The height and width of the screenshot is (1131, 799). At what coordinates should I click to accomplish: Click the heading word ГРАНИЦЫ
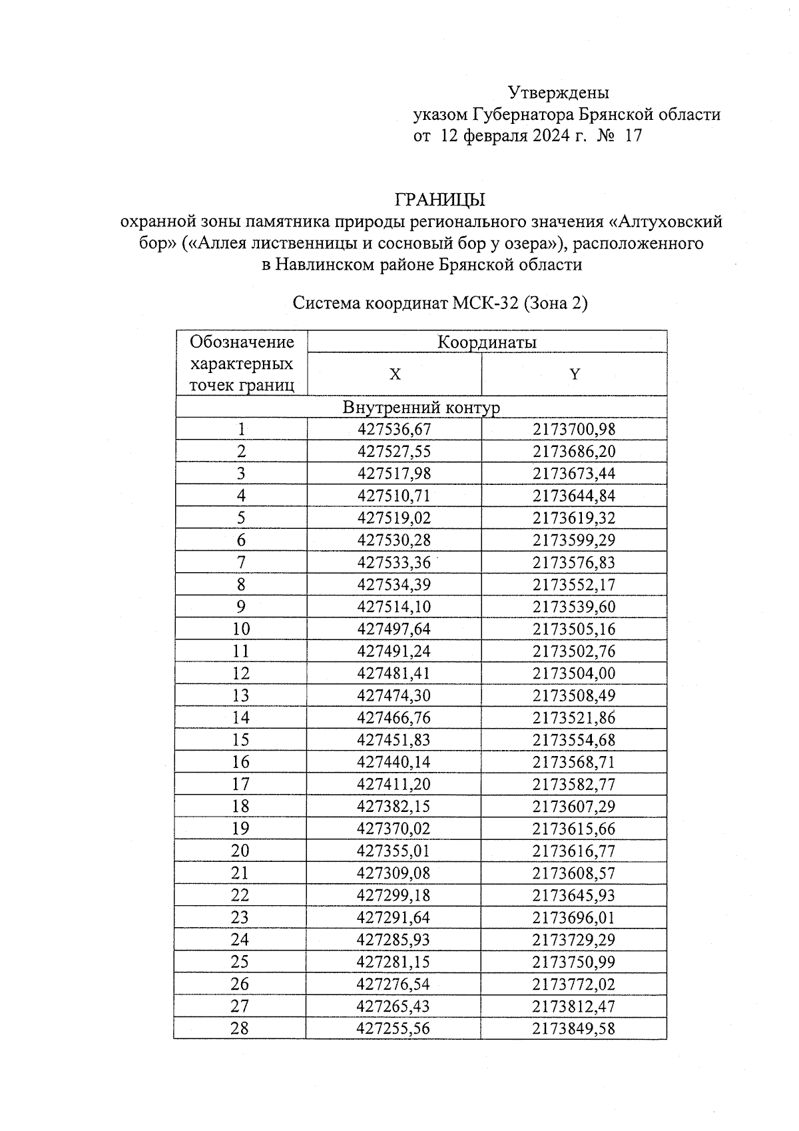pos(439,200)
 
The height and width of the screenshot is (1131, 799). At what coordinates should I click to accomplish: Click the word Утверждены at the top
pos(558,92)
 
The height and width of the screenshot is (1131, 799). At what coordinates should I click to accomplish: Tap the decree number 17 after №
pos(633,137)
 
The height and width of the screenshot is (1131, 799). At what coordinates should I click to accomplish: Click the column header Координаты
pos(487,342)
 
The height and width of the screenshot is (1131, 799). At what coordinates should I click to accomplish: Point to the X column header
pos(395,374)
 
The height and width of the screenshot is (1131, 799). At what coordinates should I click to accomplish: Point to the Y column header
pos(574,374)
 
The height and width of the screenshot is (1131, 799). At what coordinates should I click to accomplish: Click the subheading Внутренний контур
pos(421,407)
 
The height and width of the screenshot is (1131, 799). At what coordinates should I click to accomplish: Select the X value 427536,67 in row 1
pos(394,430)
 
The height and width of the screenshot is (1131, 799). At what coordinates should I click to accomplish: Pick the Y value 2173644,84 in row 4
pos(574,496)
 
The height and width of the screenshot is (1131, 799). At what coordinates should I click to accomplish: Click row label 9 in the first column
pos(241,607)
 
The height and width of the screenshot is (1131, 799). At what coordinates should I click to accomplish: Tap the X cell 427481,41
pos(394,673)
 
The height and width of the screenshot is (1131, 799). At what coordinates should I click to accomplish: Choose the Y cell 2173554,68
pos(574,740)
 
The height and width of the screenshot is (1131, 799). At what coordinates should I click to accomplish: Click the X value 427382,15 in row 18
pos(394,807)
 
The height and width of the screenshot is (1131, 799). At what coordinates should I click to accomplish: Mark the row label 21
pos(240,873)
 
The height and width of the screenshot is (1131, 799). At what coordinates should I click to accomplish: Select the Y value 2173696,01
pos(574,918)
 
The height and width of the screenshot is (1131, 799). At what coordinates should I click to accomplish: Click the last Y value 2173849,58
pos(574,1028)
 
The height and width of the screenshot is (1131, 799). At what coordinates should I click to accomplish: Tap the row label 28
pos(240,1028)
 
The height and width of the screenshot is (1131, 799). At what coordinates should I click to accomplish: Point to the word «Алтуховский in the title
pos(666,221)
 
